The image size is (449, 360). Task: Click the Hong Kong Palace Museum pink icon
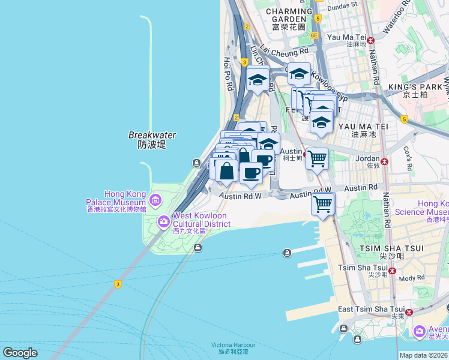[x=156, y=199]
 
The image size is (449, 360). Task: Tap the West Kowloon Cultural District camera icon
[x=163, y=223]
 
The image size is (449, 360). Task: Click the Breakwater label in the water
[x=151, y=140]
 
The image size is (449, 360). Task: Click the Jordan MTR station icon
[x=384, y=161]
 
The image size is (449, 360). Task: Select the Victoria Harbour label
[x=233, y=348]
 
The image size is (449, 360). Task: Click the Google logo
[x=20, y=353]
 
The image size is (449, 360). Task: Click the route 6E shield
[x=313, y=35]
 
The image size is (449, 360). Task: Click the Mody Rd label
[x=412, y=278]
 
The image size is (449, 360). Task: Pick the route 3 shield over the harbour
[x=118, y=284]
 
